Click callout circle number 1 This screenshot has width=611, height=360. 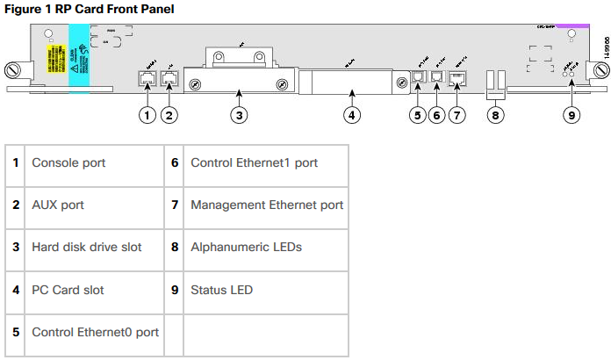[147, 113]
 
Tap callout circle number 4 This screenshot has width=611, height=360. [351, 113]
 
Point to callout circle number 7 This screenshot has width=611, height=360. [457, 113]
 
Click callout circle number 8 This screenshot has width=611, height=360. [497, 113]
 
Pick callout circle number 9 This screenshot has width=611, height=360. [571, 113]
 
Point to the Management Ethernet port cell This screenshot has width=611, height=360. [265, 205]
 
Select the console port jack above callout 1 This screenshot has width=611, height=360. [147, 78]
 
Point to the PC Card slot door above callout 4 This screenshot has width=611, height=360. [349, 85]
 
